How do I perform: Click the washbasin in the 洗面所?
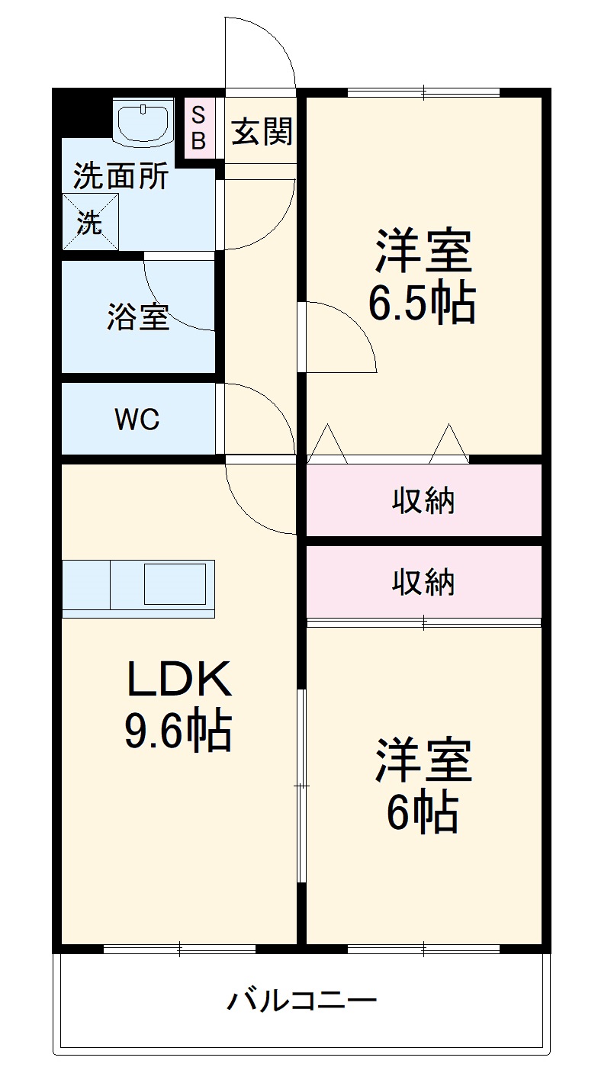143,121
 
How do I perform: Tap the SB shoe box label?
198,128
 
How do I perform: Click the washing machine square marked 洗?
90,222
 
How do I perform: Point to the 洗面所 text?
121,177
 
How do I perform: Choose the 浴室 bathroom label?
138,317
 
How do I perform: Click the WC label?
137,419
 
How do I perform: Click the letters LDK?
179,680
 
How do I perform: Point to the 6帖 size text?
422,813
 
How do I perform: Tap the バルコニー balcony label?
301,999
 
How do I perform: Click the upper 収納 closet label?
423,501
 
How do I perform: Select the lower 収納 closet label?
423,583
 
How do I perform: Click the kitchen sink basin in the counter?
175,584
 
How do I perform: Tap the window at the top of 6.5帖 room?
423,93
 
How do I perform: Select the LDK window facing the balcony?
179,949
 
